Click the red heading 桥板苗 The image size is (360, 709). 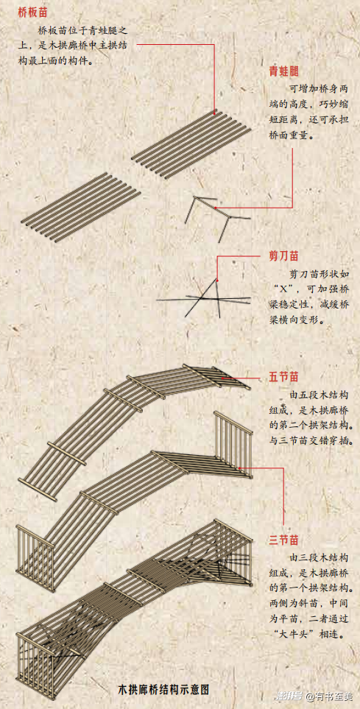pyautogui.click(x=32, y=13)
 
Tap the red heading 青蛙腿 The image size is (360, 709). pyautogui.click(x=283, y=71)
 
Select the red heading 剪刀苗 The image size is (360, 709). pyautogui.click(x=284, y=256)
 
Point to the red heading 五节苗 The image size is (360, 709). pyautogui.click(x=284, y=377)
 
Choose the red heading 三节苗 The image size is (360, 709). pyautogui.click(x=284, y=540)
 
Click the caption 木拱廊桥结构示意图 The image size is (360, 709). pyautogui.click(x=163, y=690)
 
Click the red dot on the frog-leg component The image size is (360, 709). pyautogui.click(x=216, y=208)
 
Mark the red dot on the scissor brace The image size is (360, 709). pyautogui.click(x=217, y=281)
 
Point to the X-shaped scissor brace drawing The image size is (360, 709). pyautogui.click(x=203, y=297)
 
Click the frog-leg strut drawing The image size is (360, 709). pyautogui.click(x=217, y=216)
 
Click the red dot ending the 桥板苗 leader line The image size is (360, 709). pyautogui.click(x=214, y=110)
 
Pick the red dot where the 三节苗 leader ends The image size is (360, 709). pyautogui.click(x=239, y=468)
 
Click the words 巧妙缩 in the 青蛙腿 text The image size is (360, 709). pyautogui.click(x=332, y=104)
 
